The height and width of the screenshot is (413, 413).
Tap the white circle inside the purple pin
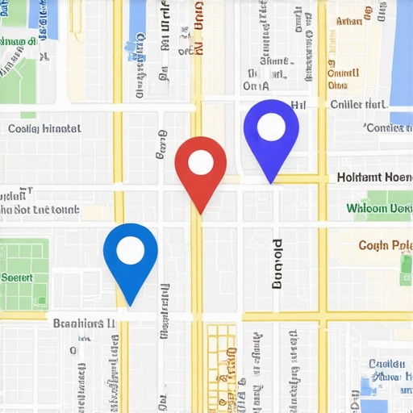271,127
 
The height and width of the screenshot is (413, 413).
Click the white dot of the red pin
200,163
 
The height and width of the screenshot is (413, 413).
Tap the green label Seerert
17,277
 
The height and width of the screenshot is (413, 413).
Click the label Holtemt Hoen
373,177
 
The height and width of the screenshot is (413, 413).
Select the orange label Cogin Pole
384,245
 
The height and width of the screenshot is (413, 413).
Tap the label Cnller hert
358,104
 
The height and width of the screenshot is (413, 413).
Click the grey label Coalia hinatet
44,128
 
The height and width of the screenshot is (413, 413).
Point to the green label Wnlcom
378,208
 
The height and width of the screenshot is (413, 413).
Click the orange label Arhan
349,22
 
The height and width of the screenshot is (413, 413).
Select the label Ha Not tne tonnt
40,210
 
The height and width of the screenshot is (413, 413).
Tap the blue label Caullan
386,364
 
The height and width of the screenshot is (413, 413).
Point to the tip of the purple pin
271,182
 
